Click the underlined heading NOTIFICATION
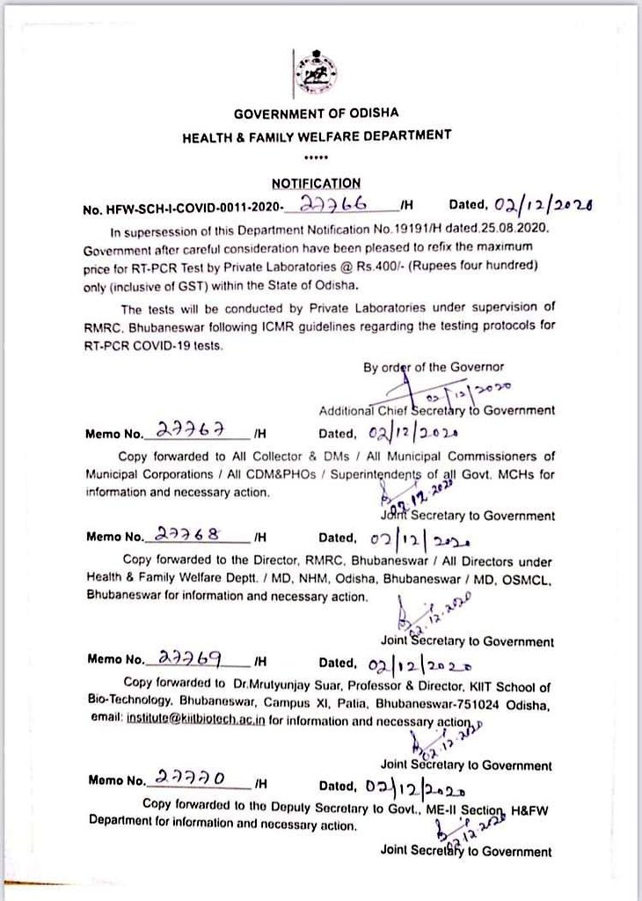(315, 183)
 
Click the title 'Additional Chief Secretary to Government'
(436, 409)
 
